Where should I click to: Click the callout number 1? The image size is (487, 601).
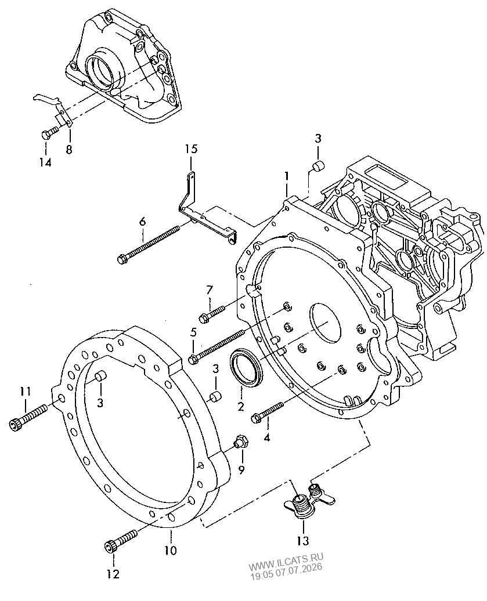pos(287,176)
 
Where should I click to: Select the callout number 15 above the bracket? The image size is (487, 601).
pos(192,149)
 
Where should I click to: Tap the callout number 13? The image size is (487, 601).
pos(302,541)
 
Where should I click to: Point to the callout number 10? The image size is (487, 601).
pos(171,551)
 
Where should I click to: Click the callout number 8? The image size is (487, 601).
pos(69,149)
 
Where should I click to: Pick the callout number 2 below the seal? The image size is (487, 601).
pos(240,406)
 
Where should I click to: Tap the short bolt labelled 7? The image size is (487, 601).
pos(211,312)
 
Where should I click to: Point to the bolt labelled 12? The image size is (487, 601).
pos(121,541)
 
